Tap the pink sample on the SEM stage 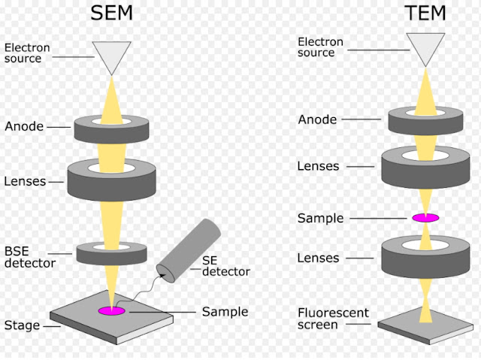(x=112, y=310)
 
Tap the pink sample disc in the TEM (x=425, y=218)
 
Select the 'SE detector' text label (x=225, y=265)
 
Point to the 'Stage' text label (x=22, y=325)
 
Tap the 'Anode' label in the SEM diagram (x=24, y=127)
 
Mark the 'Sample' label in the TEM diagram (x=321, y=218)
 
